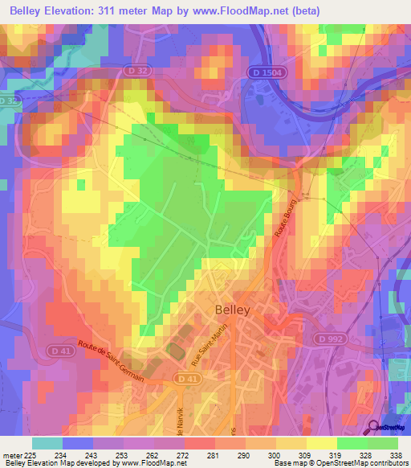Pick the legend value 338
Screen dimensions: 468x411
[397, 456]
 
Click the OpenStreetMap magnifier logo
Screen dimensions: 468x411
[374, 428]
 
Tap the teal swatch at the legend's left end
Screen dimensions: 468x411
[47, 443]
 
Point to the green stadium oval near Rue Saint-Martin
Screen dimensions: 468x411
[174, 351]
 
